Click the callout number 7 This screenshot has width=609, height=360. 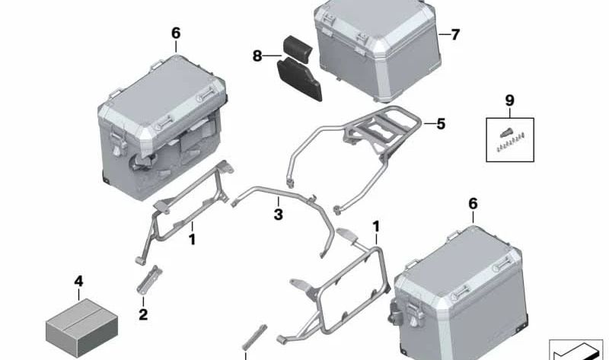tap(455, 34)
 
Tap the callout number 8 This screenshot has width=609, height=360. tap(257, 56)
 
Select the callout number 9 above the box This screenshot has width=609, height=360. tap(509, 100)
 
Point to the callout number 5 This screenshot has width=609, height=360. tap(441, 124)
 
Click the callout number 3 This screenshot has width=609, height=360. tap(278, 214)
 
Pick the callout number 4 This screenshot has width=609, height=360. tap(78, 281)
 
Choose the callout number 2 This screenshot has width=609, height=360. tap(143, 314)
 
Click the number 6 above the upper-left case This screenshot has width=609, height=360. tap(176, 33)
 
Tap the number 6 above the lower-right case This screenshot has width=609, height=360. tap(473, 203)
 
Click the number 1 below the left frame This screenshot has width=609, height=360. tap(192, 239)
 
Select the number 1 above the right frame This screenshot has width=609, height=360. tap(375, 227)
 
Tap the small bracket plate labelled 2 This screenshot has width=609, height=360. tap(149, 279)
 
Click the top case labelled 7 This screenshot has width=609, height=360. tap(377, 49)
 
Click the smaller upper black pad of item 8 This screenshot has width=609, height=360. tap(298, 49)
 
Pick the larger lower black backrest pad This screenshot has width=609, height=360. tap(299, 79)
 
